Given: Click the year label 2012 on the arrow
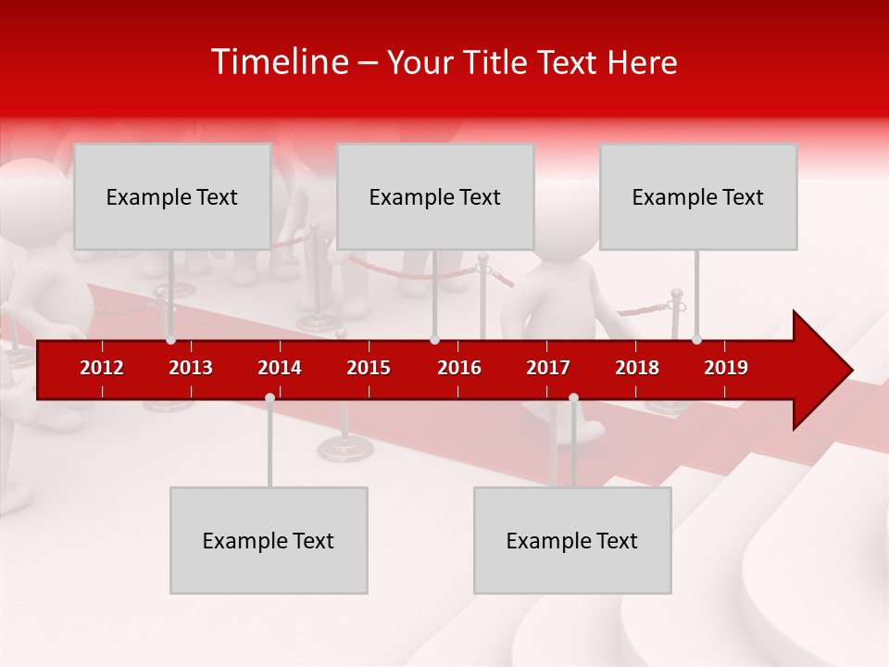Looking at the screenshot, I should pyautogui.click(x=102, y=368).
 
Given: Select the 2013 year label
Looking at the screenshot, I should pyautogui.click(x=191, y=368).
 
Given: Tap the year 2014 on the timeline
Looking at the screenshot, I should pyautogui.click(x=280, y=368).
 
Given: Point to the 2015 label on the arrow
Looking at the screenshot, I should pyautogui.click(x=369, y=368).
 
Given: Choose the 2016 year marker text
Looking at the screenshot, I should pyautogui.click(x=459, y=368).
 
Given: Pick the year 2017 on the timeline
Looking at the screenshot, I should pyautogui.click(x=548, y=368).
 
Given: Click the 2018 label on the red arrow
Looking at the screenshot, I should pyautogui.click(x=637, y=368).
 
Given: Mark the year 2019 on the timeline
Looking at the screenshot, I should pyautogui.click(x=726, y=368).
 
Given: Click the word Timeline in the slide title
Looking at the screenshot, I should pyautogui.click(x=278, y=62).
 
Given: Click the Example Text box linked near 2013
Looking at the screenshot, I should pyautogui.click(x=172, y=196).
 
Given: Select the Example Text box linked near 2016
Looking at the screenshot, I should pyautogui.click(x=435, y=196).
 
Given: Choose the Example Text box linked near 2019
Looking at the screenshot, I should pyautogui.click(x=698, y=196).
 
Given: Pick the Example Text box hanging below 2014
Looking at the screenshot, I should pyautogui.click(x=269, y=540).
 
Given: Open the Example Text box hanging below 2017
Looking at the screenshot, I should pyautogui.click(x=572, y=540).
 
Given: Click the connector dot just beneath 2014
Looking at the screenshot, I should pyautogui.click(x=269, y=398).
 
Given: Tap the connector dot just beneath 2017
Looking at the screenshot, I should pyautogui.click(x=573, y=398).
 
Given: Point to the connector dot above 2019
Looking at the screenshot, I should pyautogui.click(x=696, y=339).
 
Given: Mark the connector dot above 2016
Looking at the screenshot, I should pyautogui.click(x=434, y=339).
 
